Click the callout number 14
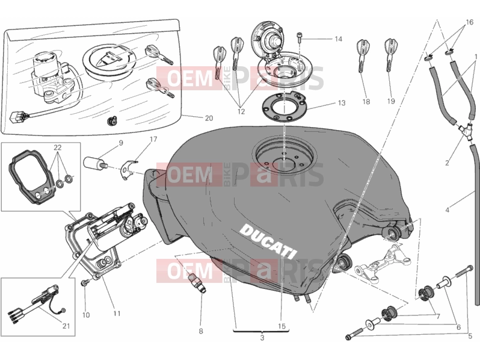click(338, 39)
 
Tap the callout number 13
click(341, 103)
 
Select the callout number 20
click(209, 118)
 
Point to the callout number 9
click(121, 143)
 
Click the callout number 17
click(153, 140)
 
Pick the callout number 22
click(58, 147)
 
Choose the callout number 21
click(66, 326)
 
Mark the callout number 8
click(201, 331)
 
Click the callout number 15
click(282, 326)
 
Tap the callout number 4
click(448, 210)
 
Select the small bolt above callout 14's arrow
click(299, 37)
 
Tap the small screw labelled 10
click(84, 282)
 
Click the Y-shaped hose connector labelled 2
click(464, 130)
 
